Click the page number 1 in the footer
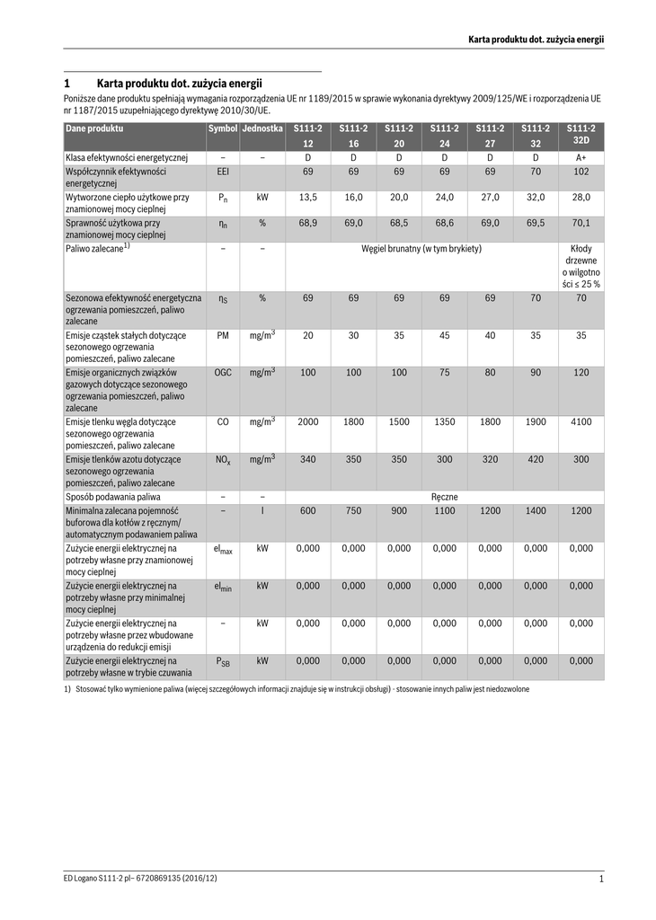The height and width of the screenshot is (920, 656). coord(600,879)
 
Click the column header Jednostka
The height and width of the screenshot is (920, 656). coord(262,129)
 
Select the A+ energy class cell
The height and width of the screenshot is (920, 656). coord(581,157)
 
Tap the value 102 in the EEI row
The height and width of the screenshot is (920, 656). coord(581,171)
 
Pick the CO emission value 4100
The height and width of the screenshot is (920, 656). coord(581,421)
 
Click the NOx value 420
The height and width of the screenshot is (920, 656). coord(535,459)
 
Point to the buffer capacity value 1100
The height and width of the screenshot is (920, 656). coord(444,510)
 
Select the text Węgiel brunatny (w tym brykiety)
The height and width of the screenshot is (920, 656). coord(421,248)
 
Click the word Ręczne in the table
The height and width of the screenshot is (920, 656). coord(444,495)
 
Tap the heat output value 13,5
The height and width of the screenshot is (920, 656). coord(307,197)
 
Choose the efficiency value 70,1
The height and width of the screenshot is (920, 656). coord(581,223)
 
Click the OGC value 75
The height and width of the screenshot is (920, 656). coord(444,372)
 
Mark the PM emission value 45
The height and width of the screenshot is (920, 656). coord(444,335)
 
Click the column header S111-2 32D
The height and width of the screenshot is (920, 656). coord(581,135)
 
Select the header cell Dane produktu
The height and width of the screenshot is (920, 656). coord(94,129)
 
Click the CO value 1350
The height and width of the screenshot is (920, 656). coord(444,421)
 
